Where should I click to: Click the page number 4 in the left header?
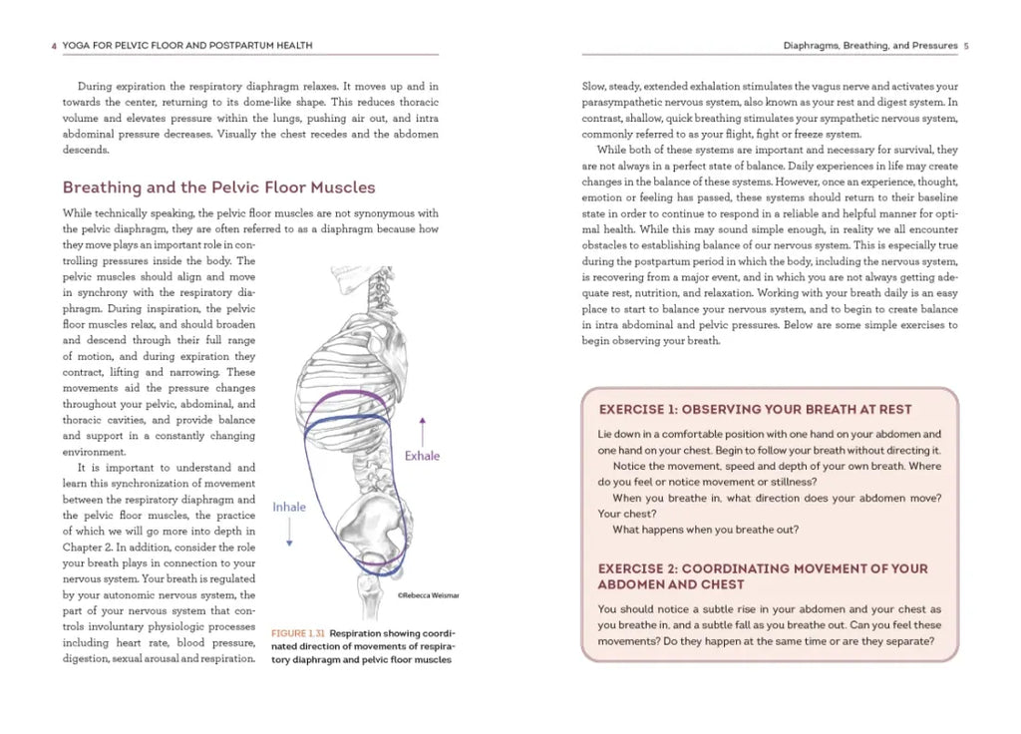tap(53, 46)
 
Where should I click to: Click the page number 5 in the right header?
tap(967, 46)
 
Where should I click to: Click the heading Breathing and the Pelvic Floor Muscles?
tap(218, 187)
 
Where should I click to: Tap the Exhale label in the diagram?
tap(422, 456)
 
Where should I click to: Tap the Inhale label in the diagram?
tap(289, 507)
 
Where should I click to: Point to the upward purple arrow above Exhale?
tap(422, 429)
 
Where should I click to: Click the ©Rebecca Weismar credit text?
tap(429, 595)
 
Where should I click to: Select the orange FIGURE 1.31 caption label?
tap(298, 633)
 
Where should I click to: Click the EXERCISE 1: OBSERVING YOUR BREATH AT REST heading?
tap(755, 410)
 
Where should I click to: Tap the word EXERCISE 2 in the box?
tap(636, 568)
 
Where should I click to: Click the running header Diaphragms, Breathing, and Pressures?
tap(869, 46)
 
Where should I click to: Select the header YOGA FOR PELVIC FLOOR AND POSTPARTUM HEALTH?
tap(188, 46)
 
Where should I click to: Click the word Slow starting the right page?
tap(594, 87)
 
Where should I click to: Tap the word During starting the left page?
tap(95, 87)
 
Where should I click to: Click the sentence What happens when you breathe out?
tap(705, 530)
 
